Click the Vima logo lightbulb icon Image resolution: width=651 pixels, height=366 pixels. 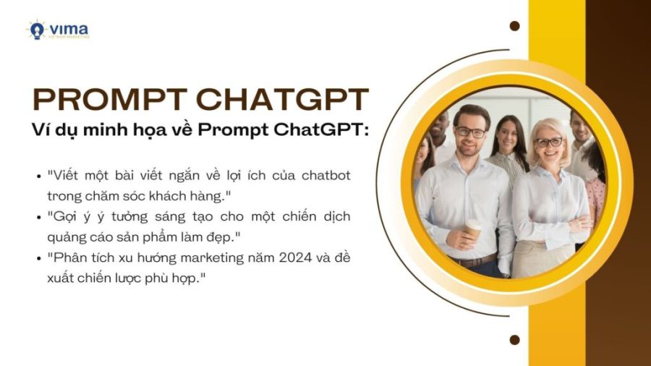37,30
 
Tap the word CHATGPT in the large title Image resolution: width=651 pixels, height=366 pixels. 282,99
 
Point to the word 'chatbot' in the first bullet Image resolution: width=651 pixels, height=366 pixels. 326,175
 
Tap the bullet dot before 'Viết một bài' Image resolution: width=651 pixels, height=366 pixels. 39,176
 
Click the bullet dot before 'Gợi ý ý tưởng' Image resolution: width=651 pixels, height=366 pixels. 39,217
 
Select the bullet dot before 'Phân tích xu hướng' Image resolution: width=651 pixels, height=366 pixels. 39,258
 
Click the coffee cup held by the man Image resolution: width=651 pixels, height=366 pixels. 473,229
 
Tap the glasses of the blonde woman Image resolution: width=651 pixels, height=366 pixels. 549,142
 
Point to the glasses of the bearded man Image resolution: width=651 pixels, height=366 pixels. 470,132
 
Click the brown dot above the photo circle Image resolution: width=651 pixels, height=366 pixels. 514,26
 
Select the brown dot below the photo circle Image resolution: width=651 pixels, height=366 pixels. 514,340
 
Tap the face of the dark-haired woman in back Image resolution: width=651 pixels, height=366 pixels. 506,133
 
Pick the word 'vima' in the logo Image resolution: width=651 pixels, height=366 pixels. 69,29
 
